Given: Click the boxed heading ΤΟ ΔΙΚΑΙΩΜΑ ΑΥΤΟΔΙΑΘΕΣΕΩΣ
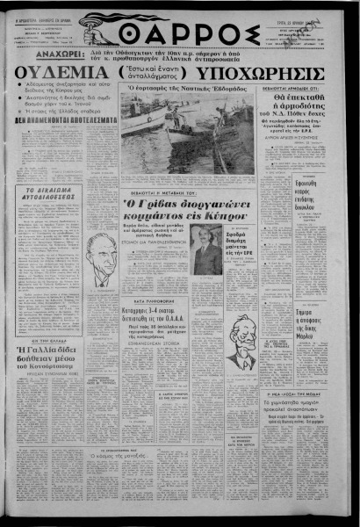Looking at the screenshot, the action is [x=54, y=215].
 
